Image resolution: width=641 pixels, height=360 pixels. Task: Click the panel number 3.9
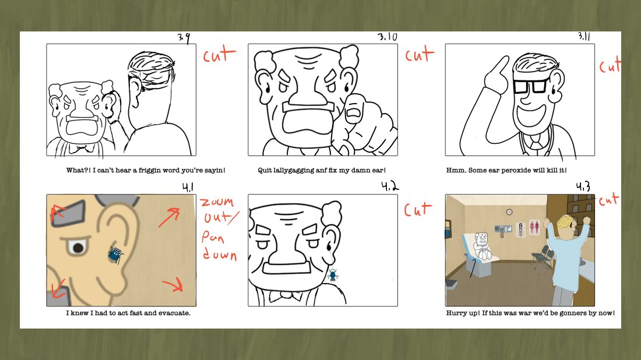(184, 38)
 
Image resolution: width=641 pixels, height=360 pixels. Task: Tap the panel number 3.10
(387, 37)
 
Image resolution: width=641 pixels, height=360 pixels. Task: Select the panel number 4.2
(390, 186)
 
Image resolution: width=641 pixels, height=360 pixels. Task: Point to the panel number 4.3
(583, 186)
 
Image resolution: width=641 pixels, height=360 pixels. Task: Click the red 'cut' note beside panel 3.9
(220, 55)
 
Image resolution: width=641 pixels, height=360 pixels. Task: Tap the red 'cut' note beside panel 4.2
(418, 209)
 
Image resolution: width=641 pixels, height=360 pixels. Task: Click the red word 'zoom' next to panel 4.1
(217, 202)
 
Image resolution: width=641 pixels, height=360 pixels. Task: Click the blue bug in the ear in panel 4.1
(115, 254)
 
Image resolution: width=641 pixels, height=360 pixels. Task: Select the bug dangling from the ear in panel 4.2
(333, 274)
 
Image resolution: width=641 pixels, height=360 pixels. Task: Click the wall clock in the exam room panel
(509, 211)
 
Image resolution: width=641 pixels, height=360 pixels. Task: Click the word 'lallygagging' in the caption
(294, 171)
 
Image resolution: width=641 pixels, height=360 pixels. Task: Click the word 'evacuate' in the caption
(176, 313)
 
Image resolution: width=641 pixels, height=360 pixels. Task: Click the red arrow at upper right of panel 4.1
(169, 217)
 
